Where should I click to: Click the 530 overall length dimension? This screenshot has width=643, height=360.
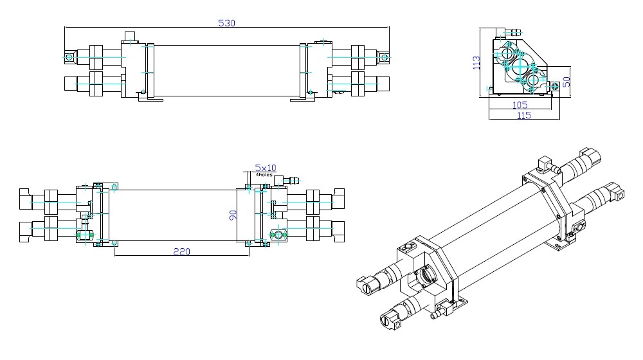tap(227, 23)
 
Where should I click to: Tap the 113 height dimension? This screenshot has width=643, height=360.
tap(477, 63)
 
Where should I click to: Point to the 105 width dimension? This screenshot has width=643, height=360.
tap(520, 104)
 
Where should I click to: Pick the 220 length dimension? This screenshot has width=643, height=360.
tap(181, 252)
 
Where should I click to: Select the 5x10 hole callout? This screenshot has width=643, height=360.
tap(265, 168)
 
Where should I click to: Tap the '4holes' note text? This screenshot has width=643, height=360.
tap(264, 174)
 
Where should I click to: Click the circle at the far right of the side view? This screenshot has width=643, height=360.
tap(384, 58)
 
